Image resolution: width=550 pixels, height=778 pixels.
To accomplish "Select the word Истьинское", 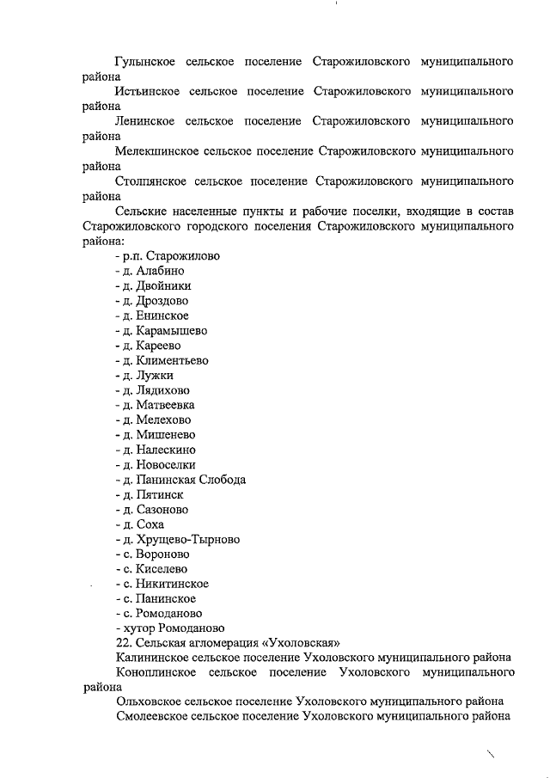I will [x=147, y=92].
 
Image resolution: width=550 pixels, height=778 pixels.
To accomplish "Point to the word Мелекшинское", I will [x=156, y=151].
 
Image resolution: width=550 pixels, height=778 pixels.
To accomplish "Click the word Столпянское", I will [x=150, y=181].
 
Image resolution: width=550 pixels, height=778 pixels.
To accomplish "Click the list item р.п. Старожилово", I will [x=168, y=256].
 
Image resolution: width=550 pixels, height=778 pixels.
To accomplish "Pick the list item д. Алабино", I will [x=149, y=271].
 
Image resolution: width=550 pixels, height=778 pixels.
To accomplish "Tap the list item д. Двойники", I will [x=153, y=285].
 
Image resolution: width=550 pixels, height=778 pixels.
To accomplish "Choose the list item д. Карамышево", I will [x=161, y=330].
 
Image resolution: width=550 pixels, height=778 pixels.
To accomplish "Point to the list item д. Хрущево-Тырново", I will [x=177, y=539].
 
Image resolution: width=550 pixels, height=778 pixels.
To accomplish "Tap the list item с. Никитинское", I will [x=162, y=584].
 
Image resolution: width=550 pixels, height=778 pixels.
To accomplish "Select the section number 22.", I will [x=123, y=643].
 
